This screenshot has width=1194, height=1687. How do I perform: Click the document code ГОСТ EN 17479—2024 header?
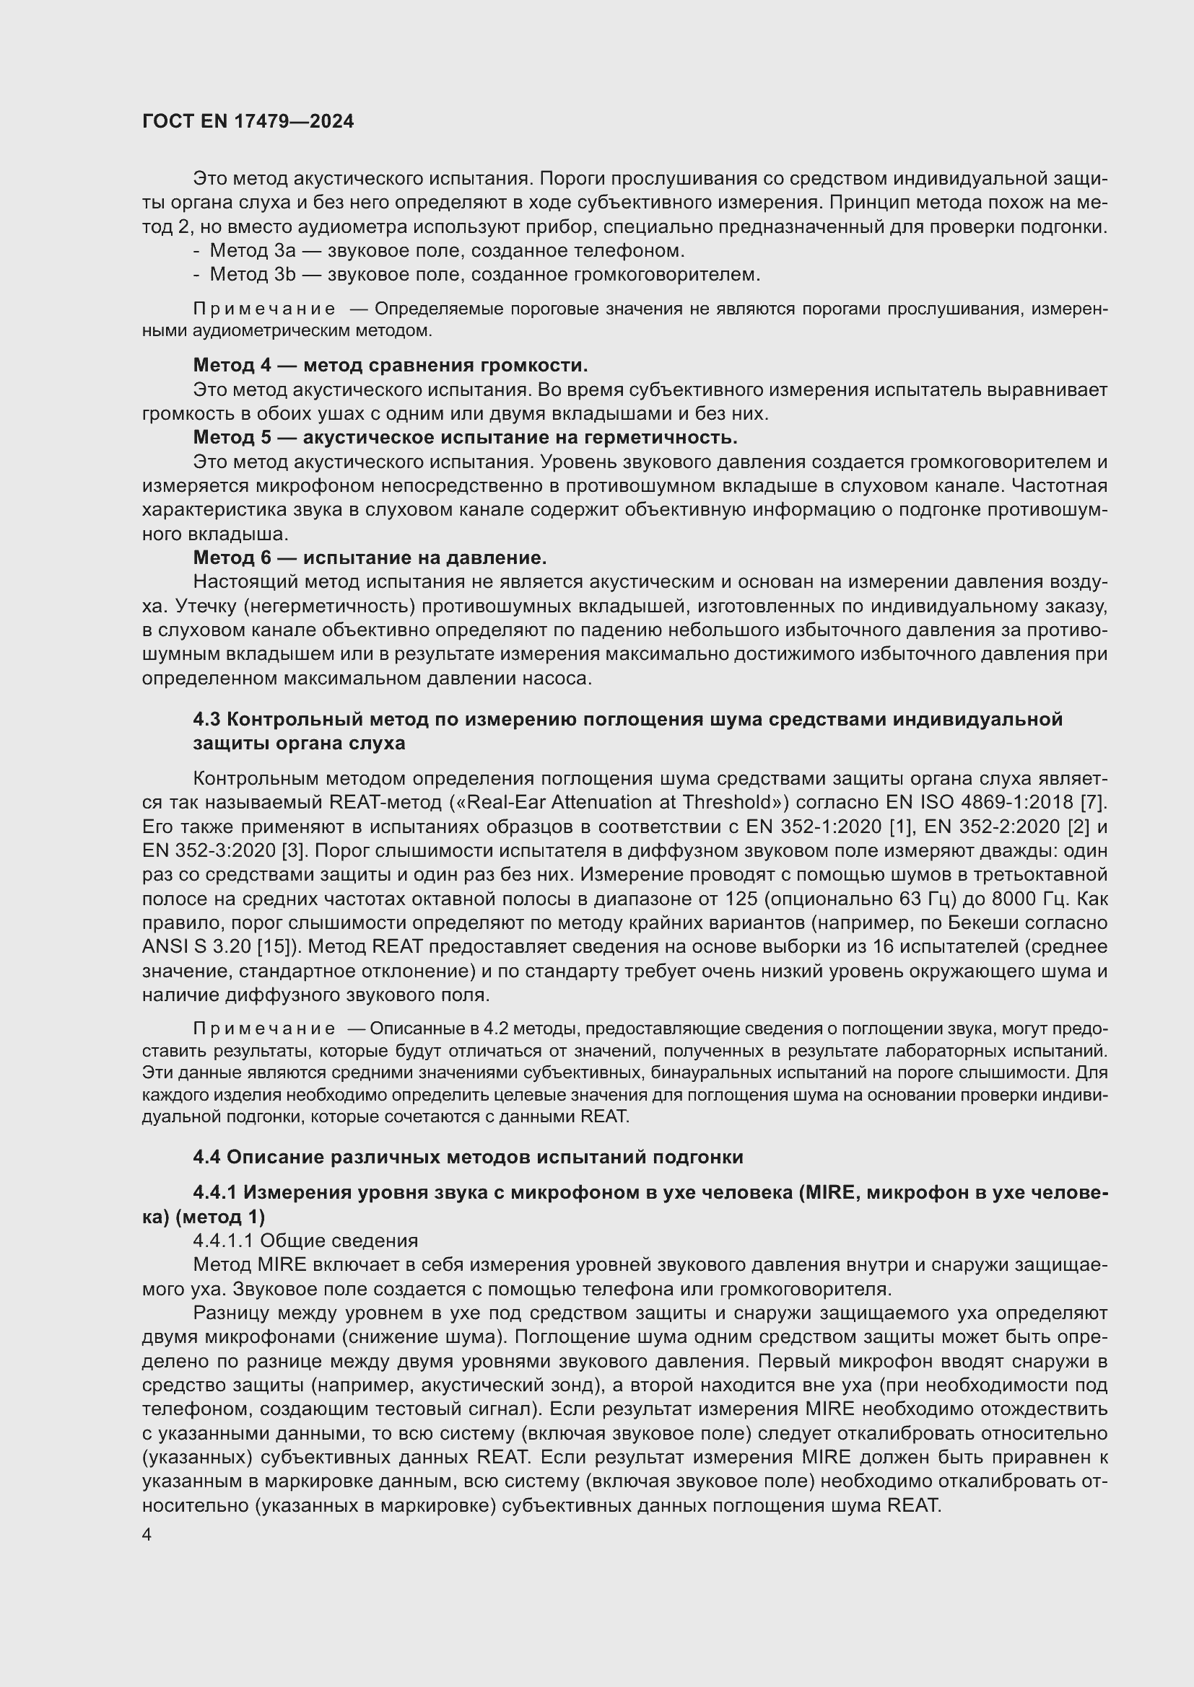(248, 122)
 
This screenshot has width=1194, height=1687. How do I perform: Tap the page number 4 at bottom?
(147, 1535)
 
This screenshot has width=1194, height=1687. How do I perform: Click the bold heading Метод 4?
(391, 365)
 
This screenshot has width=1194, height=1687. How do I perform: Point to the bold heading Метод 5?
(465, 437)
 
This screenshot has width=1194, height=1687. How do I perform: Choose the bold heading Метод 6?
(370, 558)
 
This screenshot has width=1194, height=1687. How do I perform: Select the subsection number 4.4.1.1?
(223, 1241)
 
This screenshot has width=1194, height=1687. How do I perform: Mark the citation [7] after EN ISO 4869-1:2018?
(1095, 801)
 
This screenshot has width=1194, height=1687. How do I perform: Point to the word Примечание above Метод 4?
(264, 309)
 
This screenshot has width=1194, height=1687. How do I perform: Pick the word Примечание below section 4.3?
(264, 1029)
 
